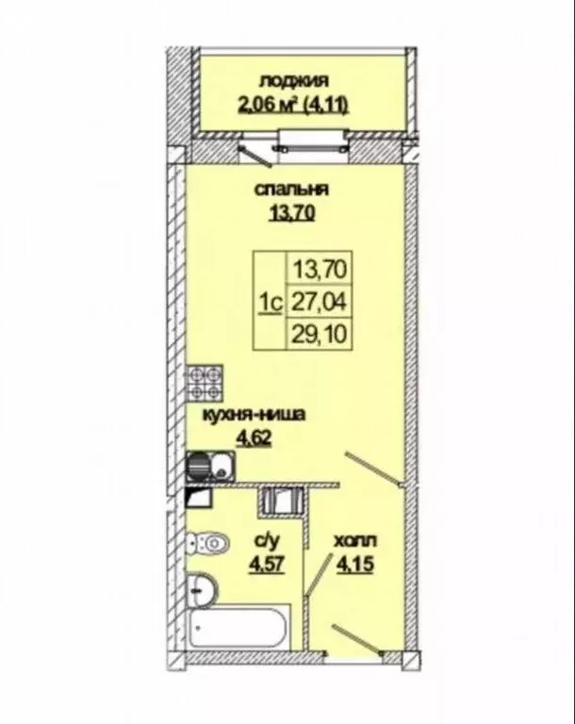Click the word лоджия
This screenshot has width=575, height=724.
(294, 81)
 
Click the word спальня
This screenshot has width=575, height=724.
(291, 189)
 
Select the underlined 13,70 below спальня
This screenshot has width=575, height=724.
(291, 213)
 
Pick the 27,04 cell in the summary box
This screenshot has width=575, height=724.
(320, 302)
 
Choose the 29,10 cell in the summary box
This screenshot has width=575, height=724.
(320, 334)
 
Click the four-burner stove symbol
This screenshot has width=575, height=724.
(205, 383)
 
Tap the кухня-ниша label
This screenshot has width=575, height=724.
(255, 415)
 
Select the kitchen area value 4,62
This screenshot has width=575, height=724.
(254, 437)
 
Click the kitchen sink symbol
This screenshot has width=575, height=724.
(210, 466)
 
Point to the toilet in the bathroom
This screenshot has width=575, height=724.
(208, 543)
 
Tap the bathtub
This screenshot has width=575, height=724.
(238, 628)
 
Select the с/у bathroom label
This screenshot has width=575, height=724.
(267, 541)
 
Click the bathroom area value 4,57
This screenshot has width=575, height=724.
(267, 565)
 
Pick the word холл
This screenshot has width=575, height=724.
(354, 541)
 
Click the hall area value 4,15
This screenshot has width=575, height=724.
(355, 565)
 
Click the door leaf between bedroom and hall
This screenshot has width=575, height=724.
(372, 469)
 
